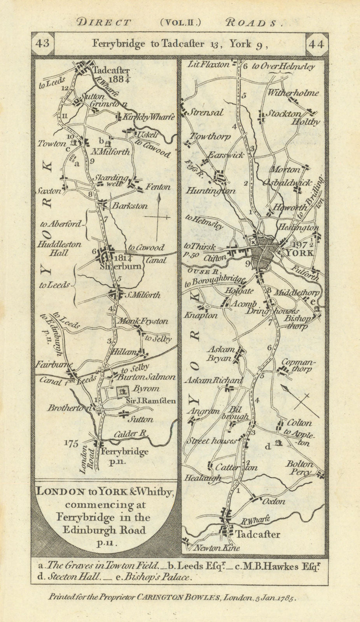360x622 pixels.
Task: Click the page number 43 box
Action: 42,43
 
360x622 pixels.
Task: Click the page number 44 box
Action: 315,44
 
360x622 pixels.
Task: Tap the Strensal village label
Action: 206,113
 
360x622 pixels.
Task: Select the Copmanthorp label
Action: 299,365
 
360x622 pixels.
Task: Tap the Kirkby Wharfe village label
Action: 149,117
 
